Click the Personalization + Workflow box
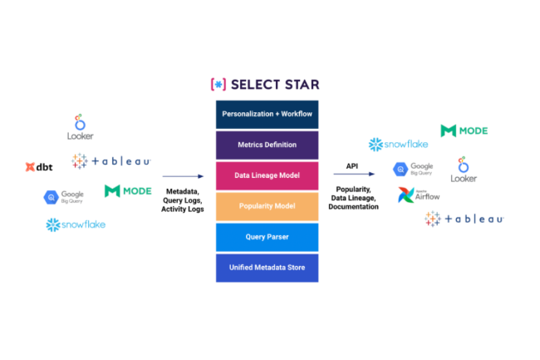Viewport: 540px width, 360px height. point(267,113)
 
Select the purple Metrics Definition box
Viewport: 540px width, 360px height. point(267,145)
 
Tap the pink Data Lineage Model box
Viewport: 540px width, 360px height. point(267,175)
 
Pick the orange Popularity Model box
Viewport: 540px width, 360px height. point(267,206)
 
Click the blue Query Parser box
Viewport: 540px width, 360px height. point(267,237)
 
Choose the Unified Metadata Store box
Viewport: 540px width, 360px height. point(267,268)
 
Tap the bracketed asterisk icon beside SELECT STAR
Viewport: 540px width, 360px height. point(218,84)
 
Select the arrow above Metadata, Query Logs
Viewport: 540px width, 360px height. point(182,176)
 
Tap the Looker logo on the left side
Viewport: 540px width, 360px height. point(80,127)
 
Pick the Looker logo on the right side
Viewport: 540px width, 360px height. point(464,169)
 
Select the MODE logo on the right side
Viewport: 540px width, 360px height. point(464,131)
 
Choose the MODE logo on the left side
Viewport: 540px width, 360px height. point(128,190)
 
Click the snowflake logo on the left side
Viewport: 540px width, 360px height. point(76,224)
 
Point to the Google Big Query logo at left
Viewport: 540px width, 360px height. point(63,197)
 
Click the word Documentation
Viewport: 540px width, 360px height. point(353,206)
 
